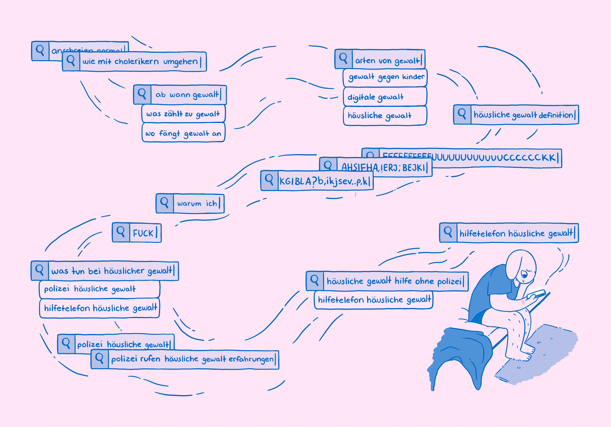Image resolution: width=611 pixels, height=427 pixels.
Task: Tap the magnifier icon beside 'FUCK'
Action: (121, 232)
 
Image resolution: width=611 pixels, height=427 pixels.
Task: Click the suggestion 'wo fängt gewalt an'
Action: (183, 133)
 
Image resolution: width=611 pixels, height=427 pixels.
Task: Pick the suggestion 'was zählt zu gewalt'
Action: (183, 114)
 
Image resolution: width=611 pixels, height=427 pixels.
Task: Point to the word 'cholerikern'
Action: (136, 62)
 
